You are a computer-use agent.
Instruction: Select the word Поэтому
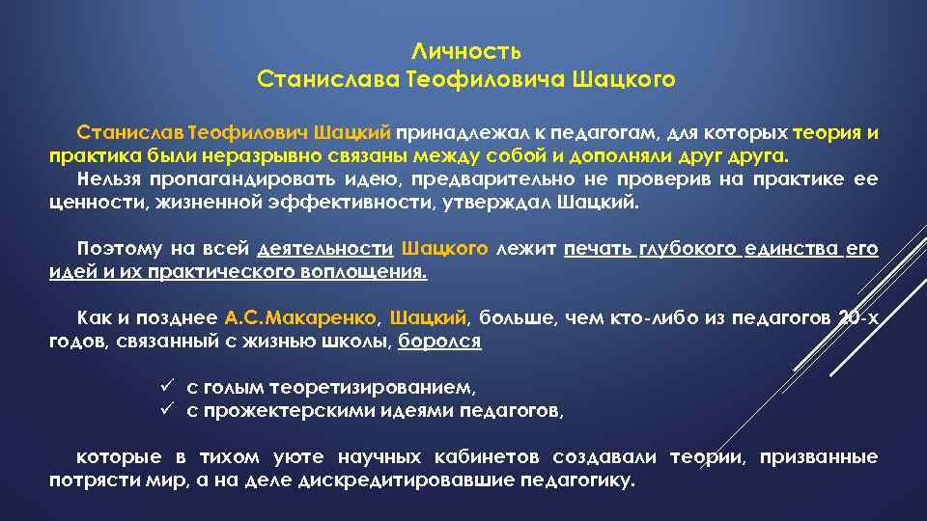tap(115, 249)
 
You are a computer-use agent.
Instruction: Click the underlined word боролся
tap(439, 341)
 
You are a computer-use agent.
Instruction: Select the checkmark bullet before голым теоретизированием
tap(165, 387)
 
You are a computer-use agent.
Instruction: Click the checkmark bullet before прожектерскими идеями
tap(165, 410)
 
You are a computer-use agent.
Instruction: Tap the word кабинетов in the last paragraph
tap(486, 456)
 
